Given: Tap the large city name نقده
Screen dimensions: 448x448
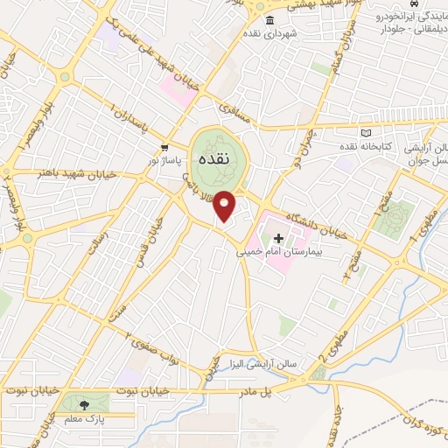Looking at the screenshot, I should [214, 160].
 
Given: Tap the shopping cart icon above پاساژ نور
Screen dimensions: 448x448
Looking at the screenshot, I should [164, 147].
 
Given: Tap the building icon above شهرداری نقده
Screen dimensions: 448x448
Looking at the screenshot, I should [269, 20].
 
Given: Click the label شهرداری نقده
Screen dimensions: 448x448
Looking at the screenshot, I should [269, 33].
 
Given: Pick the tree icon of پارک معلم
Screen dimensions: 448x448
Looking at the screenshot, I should [84, 404].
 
